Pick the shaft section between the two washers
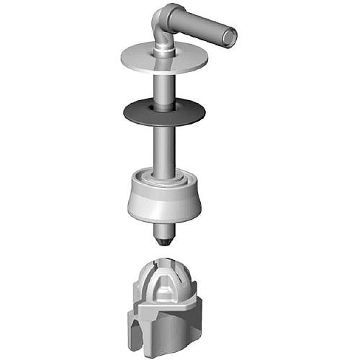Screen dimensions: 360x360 164,86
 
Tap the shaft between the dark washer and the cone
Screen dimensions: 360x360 165,148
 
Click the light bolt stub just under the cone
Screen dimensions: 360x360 164,229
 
